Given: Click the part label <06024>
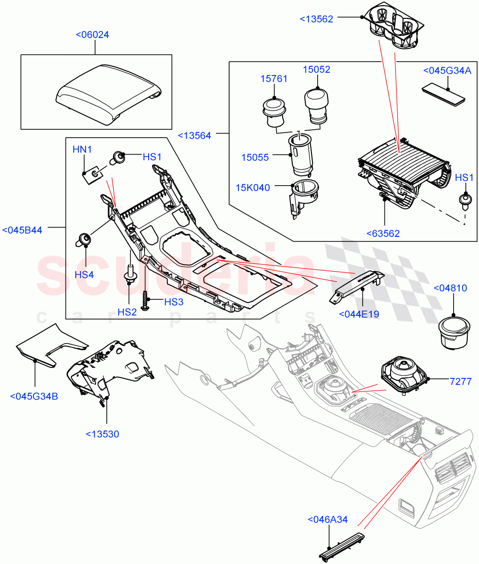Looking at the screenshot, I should tap(92, 35).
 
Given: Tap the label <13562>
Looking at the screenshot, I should tap(316, 19).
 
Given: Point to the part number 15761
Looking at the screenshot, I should tap(274, 79).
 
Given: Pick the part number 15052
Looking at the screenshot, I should tap(316, 70).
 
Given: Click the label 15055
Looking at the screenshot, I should tap(255, 157).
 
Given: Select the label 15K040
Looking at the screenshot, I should tap(254, 188).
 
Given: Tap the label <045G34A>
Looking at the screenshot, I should tap(447, 70).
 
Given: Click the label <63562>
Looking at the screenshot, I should tap(383, 234).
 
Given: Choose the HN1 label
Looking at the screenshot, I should tap(82, 149).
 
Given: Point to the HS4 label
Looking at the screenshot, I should tap(84, 274).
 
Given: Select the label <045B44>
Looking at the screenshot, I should tap(22, 230).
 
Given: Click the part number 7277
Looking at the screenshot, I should tap(460, 381).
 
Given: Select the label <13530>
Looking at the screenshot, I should tap(103, 434).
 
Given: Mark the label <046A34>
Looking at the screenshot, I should tap(327, 519).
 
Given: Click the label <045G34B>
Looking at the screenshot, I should tap(34, 396).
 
